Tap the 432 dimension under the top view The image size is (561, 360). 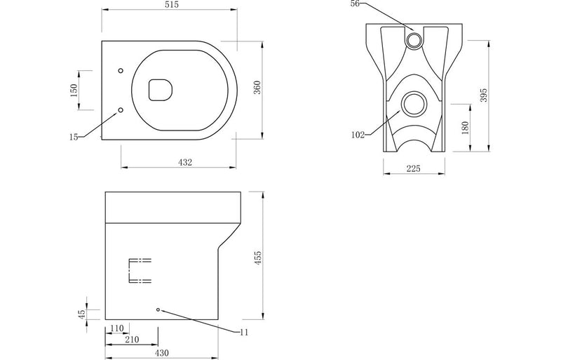tap(184, 162)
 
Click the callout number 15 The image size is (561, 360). tap(74, 138)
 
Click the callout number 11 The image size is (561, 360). tap(243, 332)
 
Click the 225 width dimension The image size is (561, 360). tap(413, 168)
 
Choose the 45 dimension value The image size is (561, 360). tap(81, 314)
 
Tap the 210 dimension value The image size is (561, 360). tap(132, 340)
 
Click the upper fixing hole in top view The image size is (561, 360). tap(121, 71)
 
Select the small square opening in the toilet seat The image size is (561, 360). tap(161, 89)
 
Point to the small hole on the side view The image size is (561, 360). tap(158, 309)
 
